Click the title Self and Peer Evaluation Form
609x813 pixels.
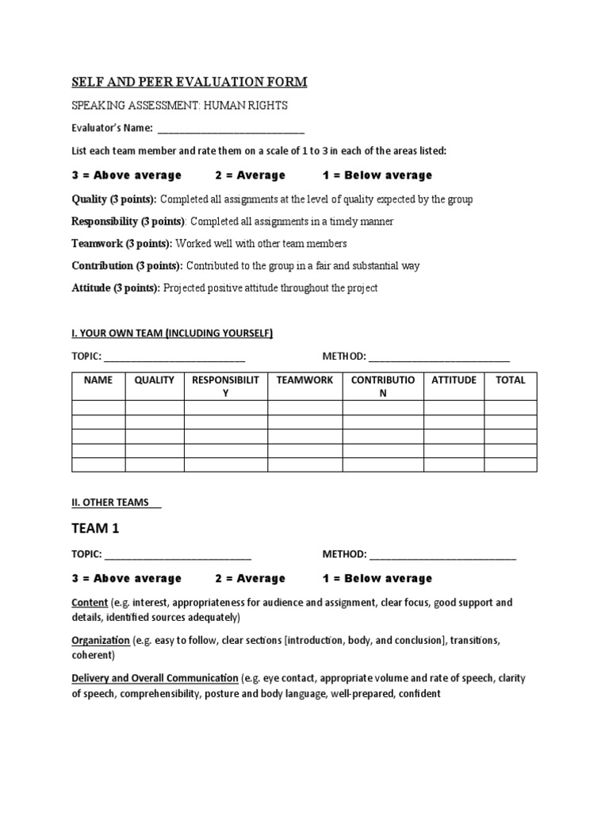pyautogui.click(x=190, y=82)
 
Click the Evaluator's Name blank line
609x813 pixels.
pyautogui.click(x=231, y=129)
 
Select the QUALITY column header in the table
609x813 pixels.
pyautogui.click(x=155, y=380)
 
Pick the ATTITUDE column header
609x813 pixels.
pyautogui.click(x=454, y=380)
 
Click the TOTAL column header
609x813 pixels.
pyautogui.click(x=510, y=380)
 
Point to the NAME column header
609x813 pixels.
pyautogui.click(x=98, y=380)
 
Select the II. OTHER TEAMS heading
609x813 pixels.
pyautogui.click(x=116, y=503)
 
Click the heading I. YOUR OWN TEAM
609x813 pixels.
pyautogui.click(x=172, y=333)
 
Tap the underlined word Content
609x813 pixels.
pyautogui.click(x=90, y=603)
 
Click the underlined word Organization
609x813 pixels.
pyautogui.click(x=101, y=640)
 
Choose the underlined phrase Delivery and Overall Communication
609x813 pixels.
pyautogui.click(x=155, y=678)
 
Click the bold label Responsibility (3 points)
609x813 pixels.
pyautogui.click(x=128, y=222)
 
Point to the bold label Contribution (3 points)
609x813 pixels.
pyautogui.click(x=127, y=266)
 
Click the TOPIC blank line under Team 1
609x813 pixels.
pyautogui.click(x=178, y=556)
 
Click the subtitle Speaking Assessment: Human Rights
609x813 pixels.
pyautogui.click(x=179, y=106)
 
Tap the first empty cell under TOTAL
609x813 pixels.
pyautogui.click(x=510, y=408)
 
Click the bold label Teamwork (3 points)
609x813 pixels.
pyautogui.click(x=122, y=244)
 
